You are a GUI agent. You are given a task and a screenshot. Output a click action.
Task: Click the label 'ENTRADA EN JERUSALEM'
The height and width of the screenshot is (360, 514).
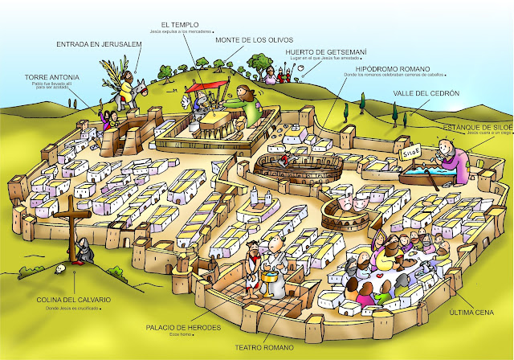point(94,45)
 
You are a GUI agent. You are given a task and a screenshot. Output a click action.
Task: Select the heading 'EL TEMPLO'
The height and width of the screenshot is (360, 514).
point(179,25)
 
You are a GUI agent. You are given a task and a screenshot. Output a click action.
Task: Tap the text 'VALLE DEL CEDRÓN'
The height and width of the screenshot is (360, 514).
point(426,94)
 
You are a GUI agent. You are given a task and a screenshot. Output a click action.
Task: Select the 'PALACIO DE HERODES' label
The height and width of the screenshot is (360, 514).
point(188,328)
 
